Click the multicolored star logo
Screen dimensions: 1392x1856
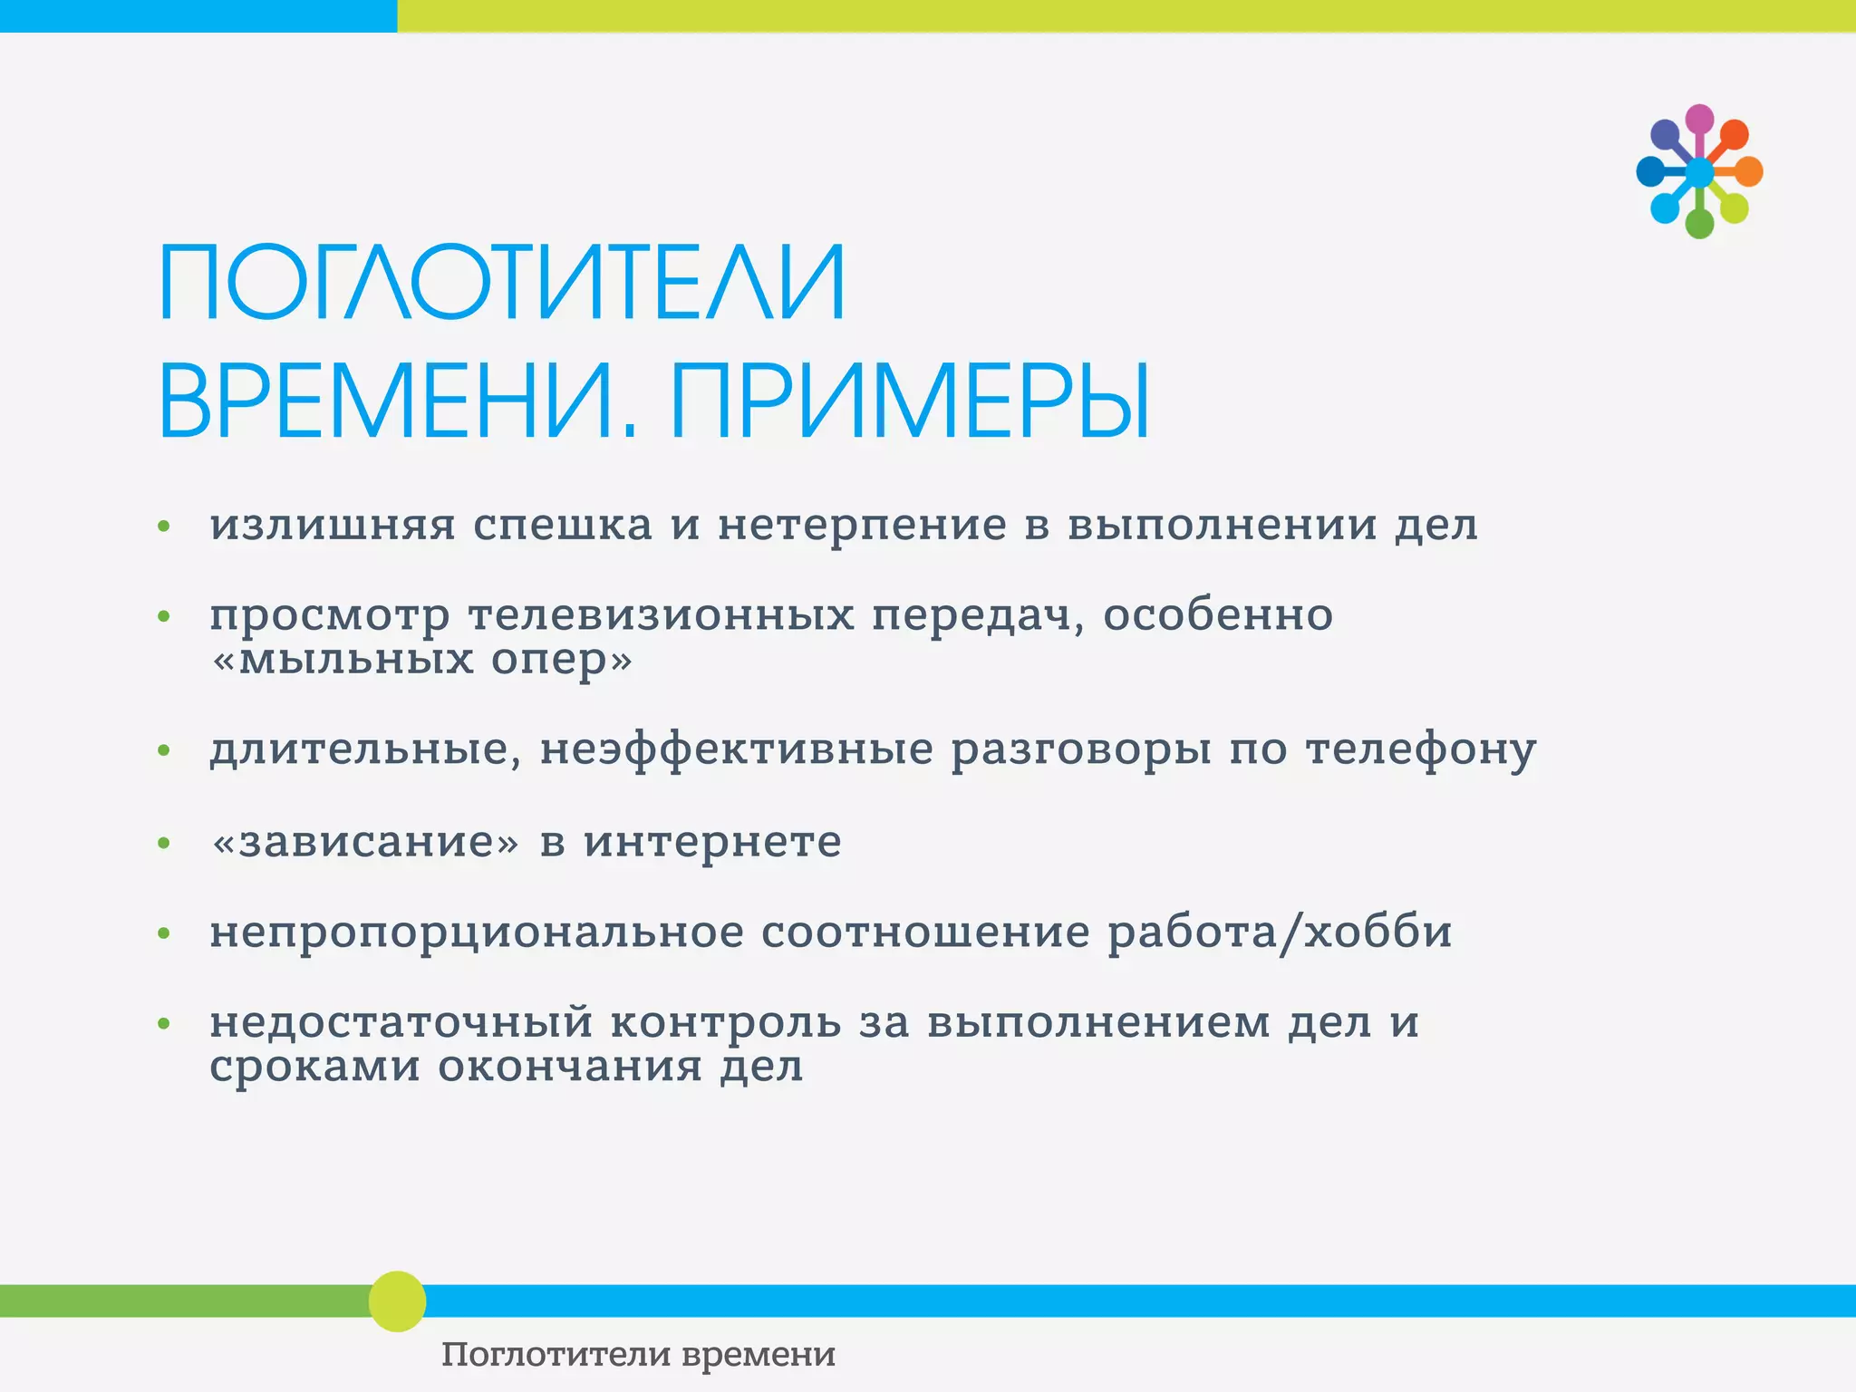(x=1698, y=171)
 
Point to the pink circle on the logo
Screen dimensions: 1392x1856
(x=1699, y=119)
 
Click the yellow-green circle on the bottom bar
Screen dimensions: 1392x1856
(x=397, y=1301)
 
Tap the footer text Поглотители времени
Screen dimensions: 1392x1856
(x=638, y=1355)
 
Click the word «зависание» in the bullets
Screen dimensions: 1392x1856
(x=365, y=842)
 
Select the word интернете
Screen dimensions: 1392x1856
(x=712, y=842)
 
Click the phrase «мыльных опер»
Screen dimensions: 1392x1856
(x=421, y=659)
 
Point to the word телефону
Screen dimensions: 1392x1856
(x=1420, y=750)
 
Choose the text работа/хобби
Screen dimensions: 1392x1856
(x=1280, y=933)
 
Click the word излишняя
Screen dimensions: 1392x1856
(x=333, y=526)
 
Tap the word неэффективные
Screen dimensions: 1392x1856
(x=736, y=750)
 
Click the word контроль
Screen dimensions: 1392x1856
(x=725, y=1023)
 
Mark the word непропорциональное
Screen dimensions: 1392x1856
(x=477, y=933)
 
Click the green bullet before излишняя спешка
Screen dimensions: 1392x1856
(x=164, y=527)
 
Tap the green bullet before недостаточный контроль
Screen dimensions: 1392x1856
(x=164, y=1024)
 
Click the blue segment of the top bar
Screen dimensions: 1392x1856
(x=198, y=15)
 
